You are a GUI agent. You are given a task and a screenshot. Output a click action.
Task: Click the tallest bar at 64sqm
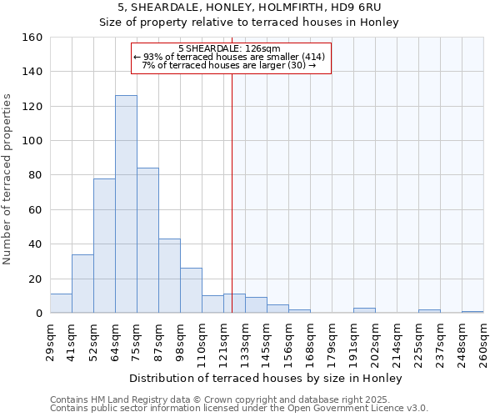[x=126, y=204]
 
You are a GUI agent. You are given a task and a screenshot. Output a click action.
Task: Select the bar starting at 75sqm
[x=147, y=240]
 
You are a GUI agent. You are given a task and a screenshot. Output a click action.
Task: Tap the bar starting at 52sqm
[x=104, y=245]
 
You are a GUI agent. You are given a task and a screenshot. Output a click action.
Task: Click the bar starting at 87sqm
[x=169, y=276]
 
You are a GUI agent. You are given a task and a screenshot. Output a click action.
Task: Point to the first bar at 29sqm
[x=61, y=304]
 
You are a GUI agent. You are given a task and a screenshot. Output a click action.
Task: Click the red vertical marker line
[x=232, y=208]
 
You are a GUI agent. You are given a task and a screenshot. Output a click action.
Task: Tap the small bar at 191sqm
[x=364, y=310]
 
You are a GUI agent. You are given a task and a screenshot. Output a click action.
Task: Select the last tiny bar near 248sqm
[x=472, y=312]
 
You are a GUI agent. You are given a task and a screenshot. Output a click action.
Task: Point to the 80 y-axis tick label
[x=33, y=175]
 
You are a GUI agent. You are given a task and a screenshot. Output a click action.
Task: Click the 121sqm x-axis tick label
[x=223, y=340]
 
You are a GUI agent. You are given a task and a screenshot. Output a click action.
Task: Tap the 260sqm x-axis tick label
[x=483, y=340]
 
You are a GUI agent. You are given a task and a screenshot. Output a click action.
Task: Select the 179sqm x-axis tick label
[x=332, y=340]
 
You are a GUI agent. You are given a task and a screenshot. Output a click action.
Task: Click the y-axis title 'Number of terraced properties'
[x=7, y=179]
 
